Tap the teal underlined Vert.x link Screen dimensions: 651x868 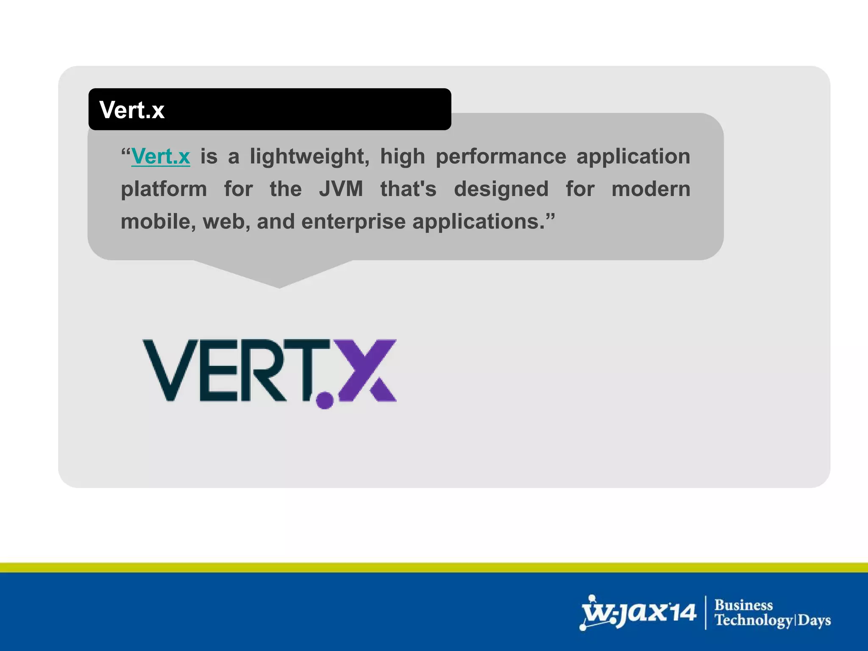161,156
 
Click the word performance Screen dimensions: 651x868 501,156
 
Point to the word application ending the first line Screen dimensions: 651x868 633,156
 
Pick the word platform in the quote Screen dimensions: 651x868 164,189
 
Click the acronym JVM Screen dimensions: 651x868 341,189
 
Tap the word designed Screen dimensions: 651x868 501,189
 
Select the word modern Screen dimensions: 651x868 651,189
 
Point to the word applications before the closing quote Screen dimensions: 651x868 479,222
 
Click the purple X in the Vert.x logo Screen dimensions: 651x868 367,370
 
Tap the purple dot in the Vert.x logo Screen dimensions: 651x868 325,400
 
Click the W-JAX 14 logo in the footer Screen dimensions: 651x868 638,613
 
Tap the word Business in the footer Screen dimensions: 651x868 743,605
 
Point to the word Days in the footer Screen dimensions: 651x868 815,620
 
